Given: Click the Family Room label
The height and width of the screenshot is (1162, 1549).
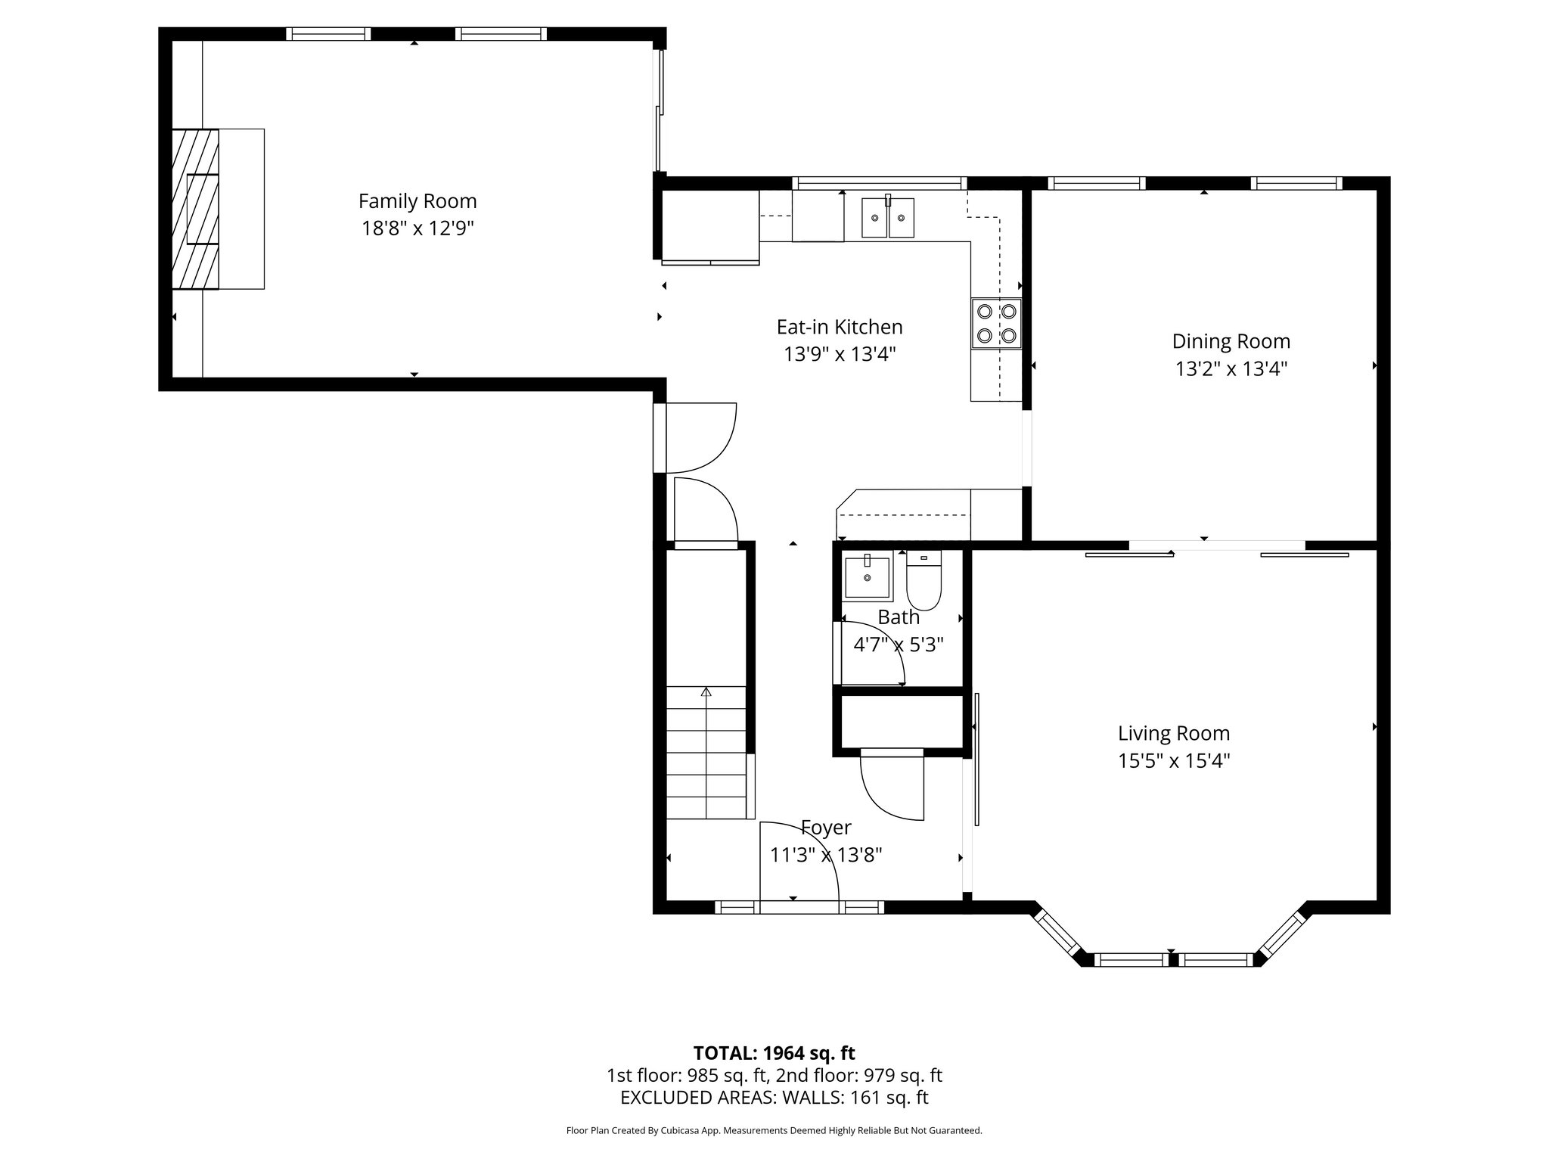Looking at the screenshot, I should coord(418,201).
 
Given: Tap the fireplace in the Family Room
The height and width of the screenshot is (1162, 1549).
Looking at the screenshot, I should coord(196,209).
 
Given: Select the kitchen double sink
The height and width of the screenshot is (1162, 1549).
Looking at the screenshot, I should coord(888,217).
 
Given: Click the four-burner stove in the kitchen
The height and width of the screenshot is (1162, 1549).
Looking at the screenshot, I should coord(997,323).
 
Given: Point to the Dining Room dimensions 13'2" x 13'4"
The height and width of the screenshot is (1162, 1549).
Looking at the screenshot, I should coord(1231,369).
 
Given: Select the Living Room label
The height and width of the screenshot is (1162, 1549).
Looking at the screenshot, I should coord(1174,733).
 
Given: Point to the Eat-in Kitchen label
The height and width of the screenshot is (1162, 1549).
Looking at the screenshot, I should coord(840,327).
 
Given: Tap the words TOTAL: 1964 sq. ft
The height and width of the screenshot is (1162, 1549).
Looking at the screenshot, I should coord(774,1053).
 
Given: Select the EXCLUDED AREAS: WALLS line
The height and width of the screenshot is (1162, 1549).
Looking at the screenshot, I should coord(774,1097).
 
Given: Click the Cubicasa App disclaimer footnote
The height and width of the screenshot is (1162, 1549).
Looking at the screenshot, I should coord(774,1131).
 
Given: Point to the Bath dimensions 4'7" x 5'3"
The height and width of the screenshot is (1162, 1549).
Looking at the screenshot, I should coord(899,645).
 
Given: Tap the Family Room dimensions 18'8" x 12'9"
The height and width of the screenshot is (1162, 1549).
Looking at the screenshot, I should coord(418,228).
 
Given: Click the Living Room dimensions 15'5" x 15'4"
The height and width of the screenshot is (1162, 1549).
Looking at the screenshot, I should coord(1174,761).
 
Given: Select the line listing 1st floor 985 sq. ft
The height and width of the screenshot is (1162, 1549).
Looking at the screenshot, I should coord(774,1075).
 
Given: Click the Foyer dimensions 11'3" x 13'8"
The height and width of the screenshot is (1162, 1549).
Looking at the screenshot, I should coord(826,855).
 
